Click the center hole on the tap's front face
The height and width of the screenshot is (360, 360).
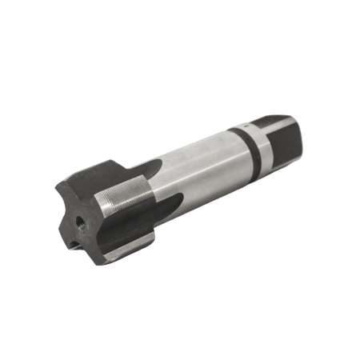(x=79, y=219)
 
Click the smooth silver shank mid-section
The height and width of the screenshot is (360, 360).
(x=200, y=160)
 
